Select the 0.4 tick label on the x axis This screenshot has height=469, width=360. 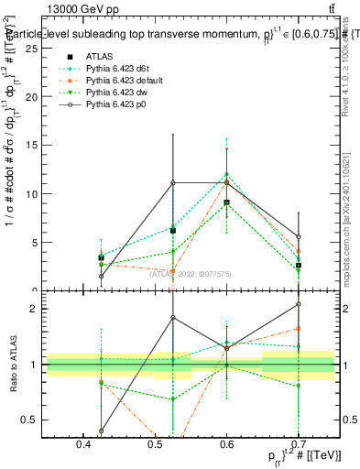(x=84, y=444)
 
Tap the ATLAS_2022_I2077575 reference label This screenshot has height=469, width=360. (x=191, y=272)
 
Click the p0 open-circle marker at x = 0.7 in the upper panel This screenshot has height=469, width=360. (x=298, y=236)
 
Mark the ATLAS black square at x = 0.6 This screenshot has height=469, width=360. (x=226, y=202)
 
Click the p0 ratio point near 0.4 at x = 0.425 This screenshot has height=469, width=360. (x=101, y=431)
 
